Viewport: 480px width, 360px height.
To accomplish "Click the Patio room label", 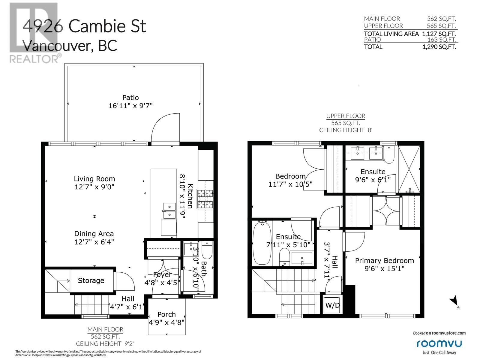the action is (130, 97).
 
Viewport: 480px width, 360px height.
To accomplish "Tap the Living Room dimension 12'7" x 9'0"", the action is (94, 187).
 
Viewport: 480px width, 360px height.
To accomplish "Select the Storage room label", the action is (91, 280).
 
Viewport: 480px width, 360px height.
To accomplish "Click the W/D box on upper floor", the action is (332, 305).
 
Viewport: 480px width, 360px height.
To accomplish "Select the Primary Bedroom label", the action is (384, 260).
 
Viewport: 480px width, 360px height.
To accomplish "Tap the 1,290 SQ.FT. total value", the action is (439, 47).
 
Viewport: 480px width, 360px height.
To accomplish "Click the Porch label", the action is (166, 314).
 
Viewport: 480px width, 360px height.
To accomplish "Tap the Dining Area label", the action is (94, 234).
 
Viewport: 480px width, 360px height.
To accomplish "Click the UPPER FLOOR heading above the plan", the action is (346, 116).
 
